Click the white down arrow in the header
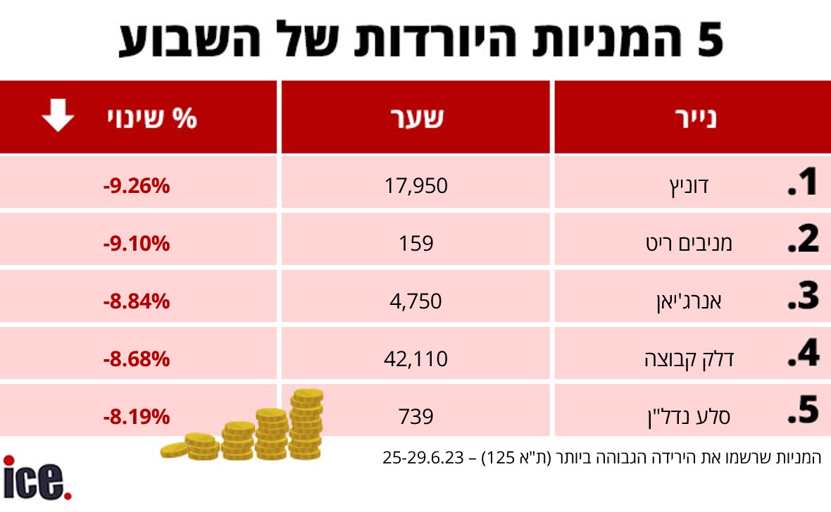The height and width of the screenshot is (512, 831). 58,116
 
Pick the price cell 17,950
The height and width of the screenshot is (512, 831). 416,186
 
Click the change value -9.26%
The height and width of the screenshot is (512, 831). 137,187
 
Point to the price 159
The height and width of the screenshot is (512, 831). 416,244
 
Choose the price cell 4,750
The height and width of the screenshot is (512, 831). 416,301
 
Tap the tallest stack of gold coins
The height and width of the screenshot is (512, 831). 307,425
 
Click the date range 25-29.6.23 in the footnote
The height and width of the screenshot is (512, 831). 423,458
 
